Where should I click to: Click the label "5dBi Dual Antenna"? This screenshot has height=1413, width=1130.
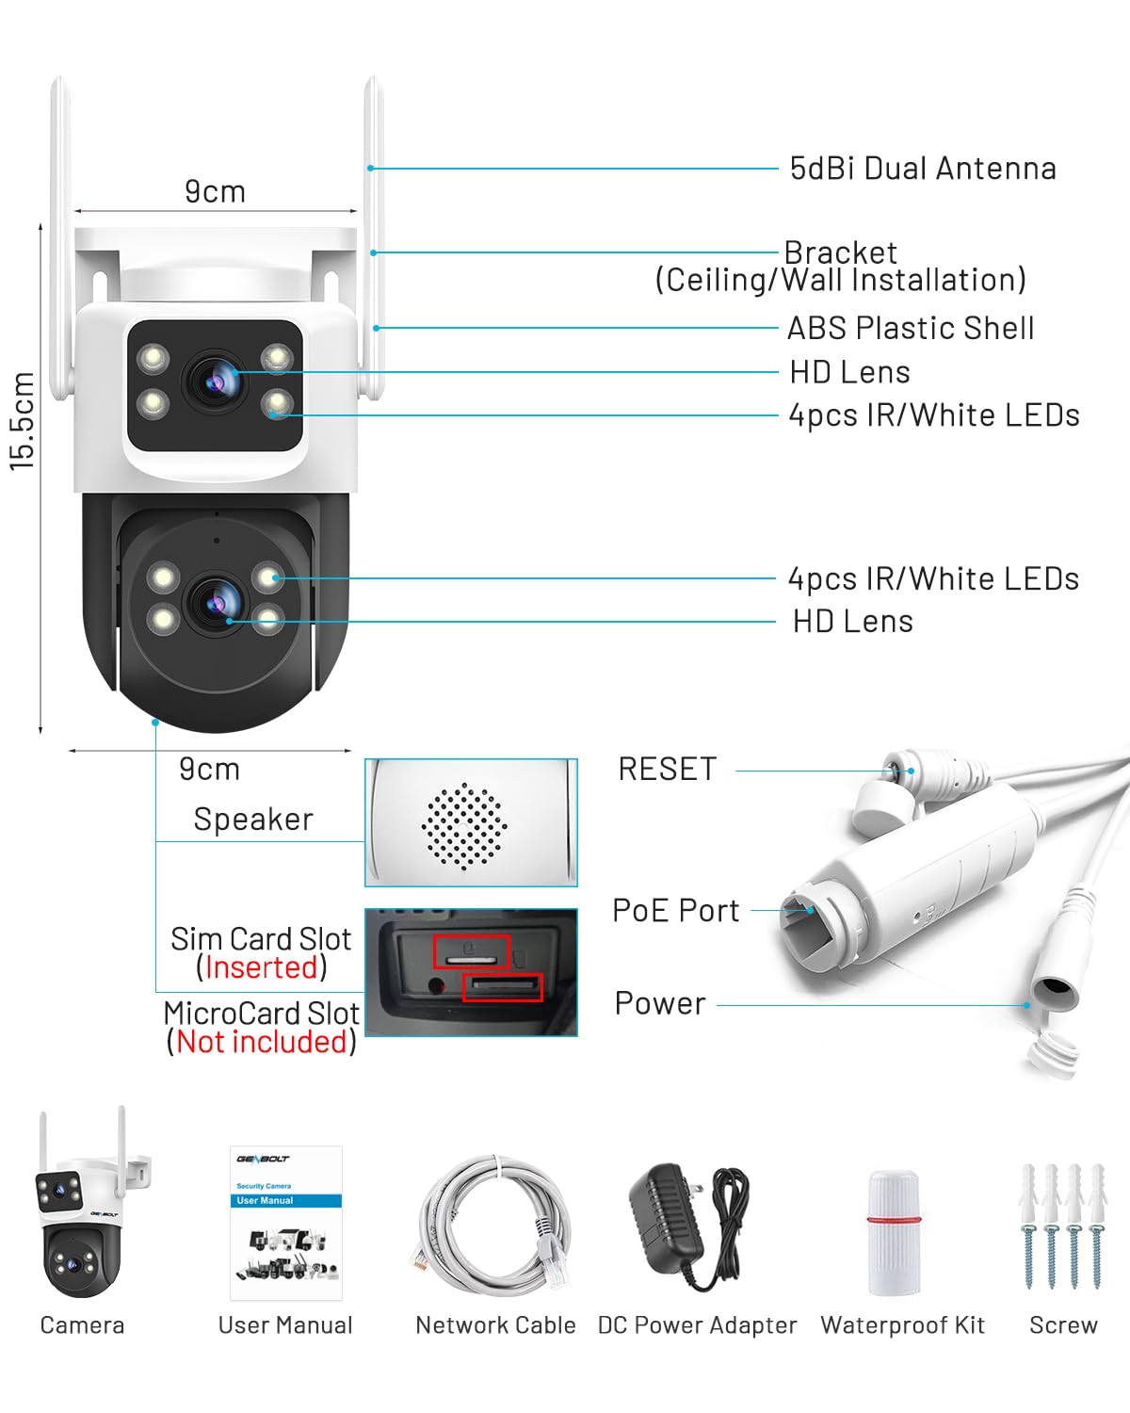pos(922,169)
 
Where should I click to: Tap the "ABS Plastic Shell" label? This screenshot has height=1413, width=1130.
pos(910,328)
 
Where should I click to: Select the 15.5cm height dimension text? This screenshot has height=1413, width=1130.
pos(23,420)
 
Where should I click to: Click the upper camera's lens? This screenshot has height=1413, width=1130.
pos(218,380)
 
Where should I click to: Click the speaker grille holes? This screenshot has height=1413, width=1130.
pos(464,825)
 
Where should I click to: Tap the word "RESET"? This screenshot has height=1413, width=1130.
pos(667,770)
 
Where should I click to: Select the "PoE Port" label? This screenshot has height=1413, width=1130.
pos(675,911)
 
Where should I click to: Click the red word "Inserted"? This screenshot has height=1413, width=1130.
pos(261,967)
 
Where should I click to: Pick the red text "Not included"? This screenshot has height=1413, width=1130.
pos(261,1042)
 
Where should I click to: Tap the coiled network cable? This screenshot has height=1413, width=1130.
pos(492,1225)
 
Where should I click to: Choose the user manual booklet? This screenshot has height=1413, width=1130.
pos(286,1223)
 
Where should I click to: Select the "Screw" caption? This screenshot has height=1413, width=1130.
pos(1063,1325)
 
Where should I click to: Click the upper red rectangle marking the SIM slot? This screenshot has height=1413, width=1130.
pos(471,950)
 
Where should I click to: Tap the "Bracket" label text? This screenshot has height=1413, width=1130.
pos(840,252)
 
